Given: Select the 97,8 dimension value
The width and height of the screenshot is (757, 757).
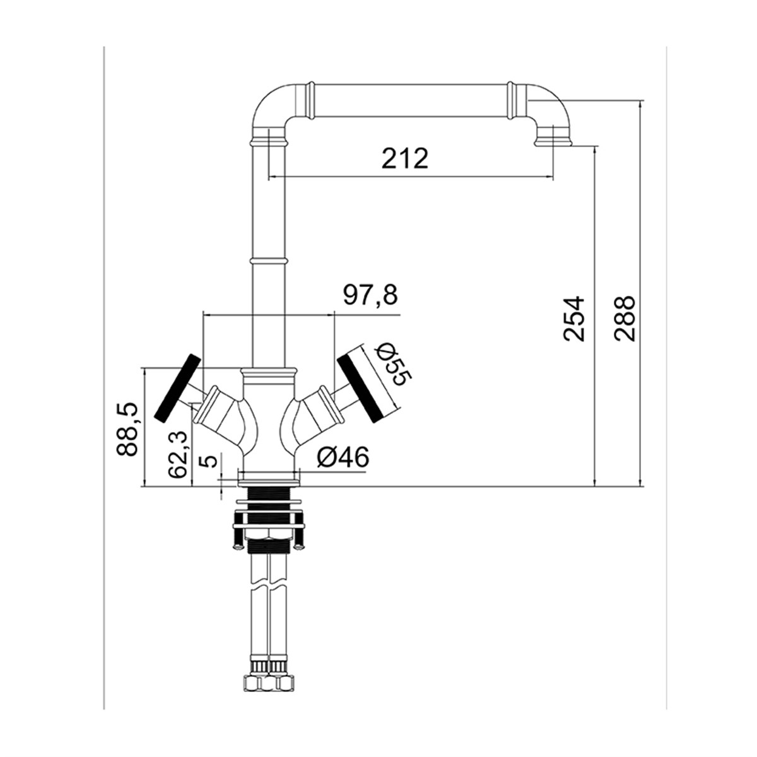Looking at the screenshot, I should pos(370,295).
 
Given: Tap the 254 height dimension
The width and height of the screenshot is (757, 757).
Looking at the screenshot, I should pos(574,319).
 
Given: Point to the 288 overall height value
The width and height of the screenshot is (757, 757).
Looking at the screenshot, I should pos(624,319).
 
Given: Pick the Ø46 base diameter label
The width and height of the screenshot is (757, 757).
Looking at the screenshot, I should pos(343,457).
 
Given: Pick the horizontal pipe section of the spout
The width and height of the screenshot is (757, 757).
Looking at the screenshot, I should pos(410,100).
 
